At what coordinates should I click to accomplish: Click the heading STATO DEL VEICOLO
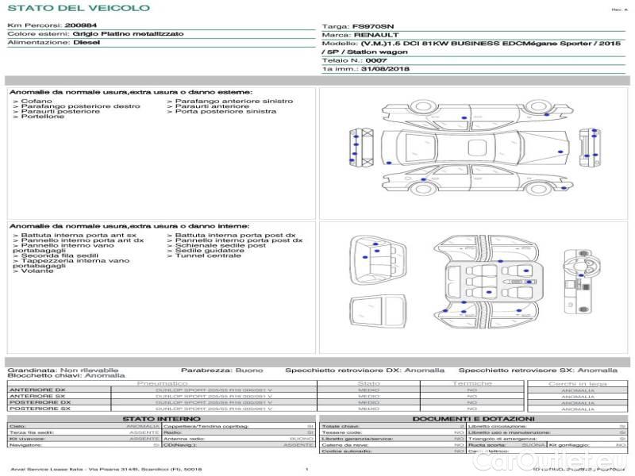pos(78,9)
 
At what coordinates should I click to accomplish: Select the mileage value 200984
pos(80,26)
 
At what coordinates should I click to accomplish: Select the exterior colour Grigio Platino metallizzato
pos(128,35)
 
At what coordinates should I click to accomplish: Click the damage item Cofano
pos(37,102)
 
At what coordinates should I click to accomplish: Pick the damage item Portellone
pos(43,117)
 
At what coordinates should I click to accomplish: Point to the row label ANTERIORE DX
pos(37,390)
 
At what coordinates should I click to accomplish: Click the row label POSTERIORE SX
pos(39,409)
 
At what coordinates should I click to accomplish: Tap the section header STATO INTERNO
pos(156,419)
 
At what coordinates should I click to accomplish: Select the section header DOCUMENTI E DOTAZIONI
pos(473,419)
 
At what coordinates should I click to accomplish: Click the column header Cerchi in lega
pos(577,383)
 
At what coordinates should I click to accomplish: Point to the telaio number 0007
pos(376,60)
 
